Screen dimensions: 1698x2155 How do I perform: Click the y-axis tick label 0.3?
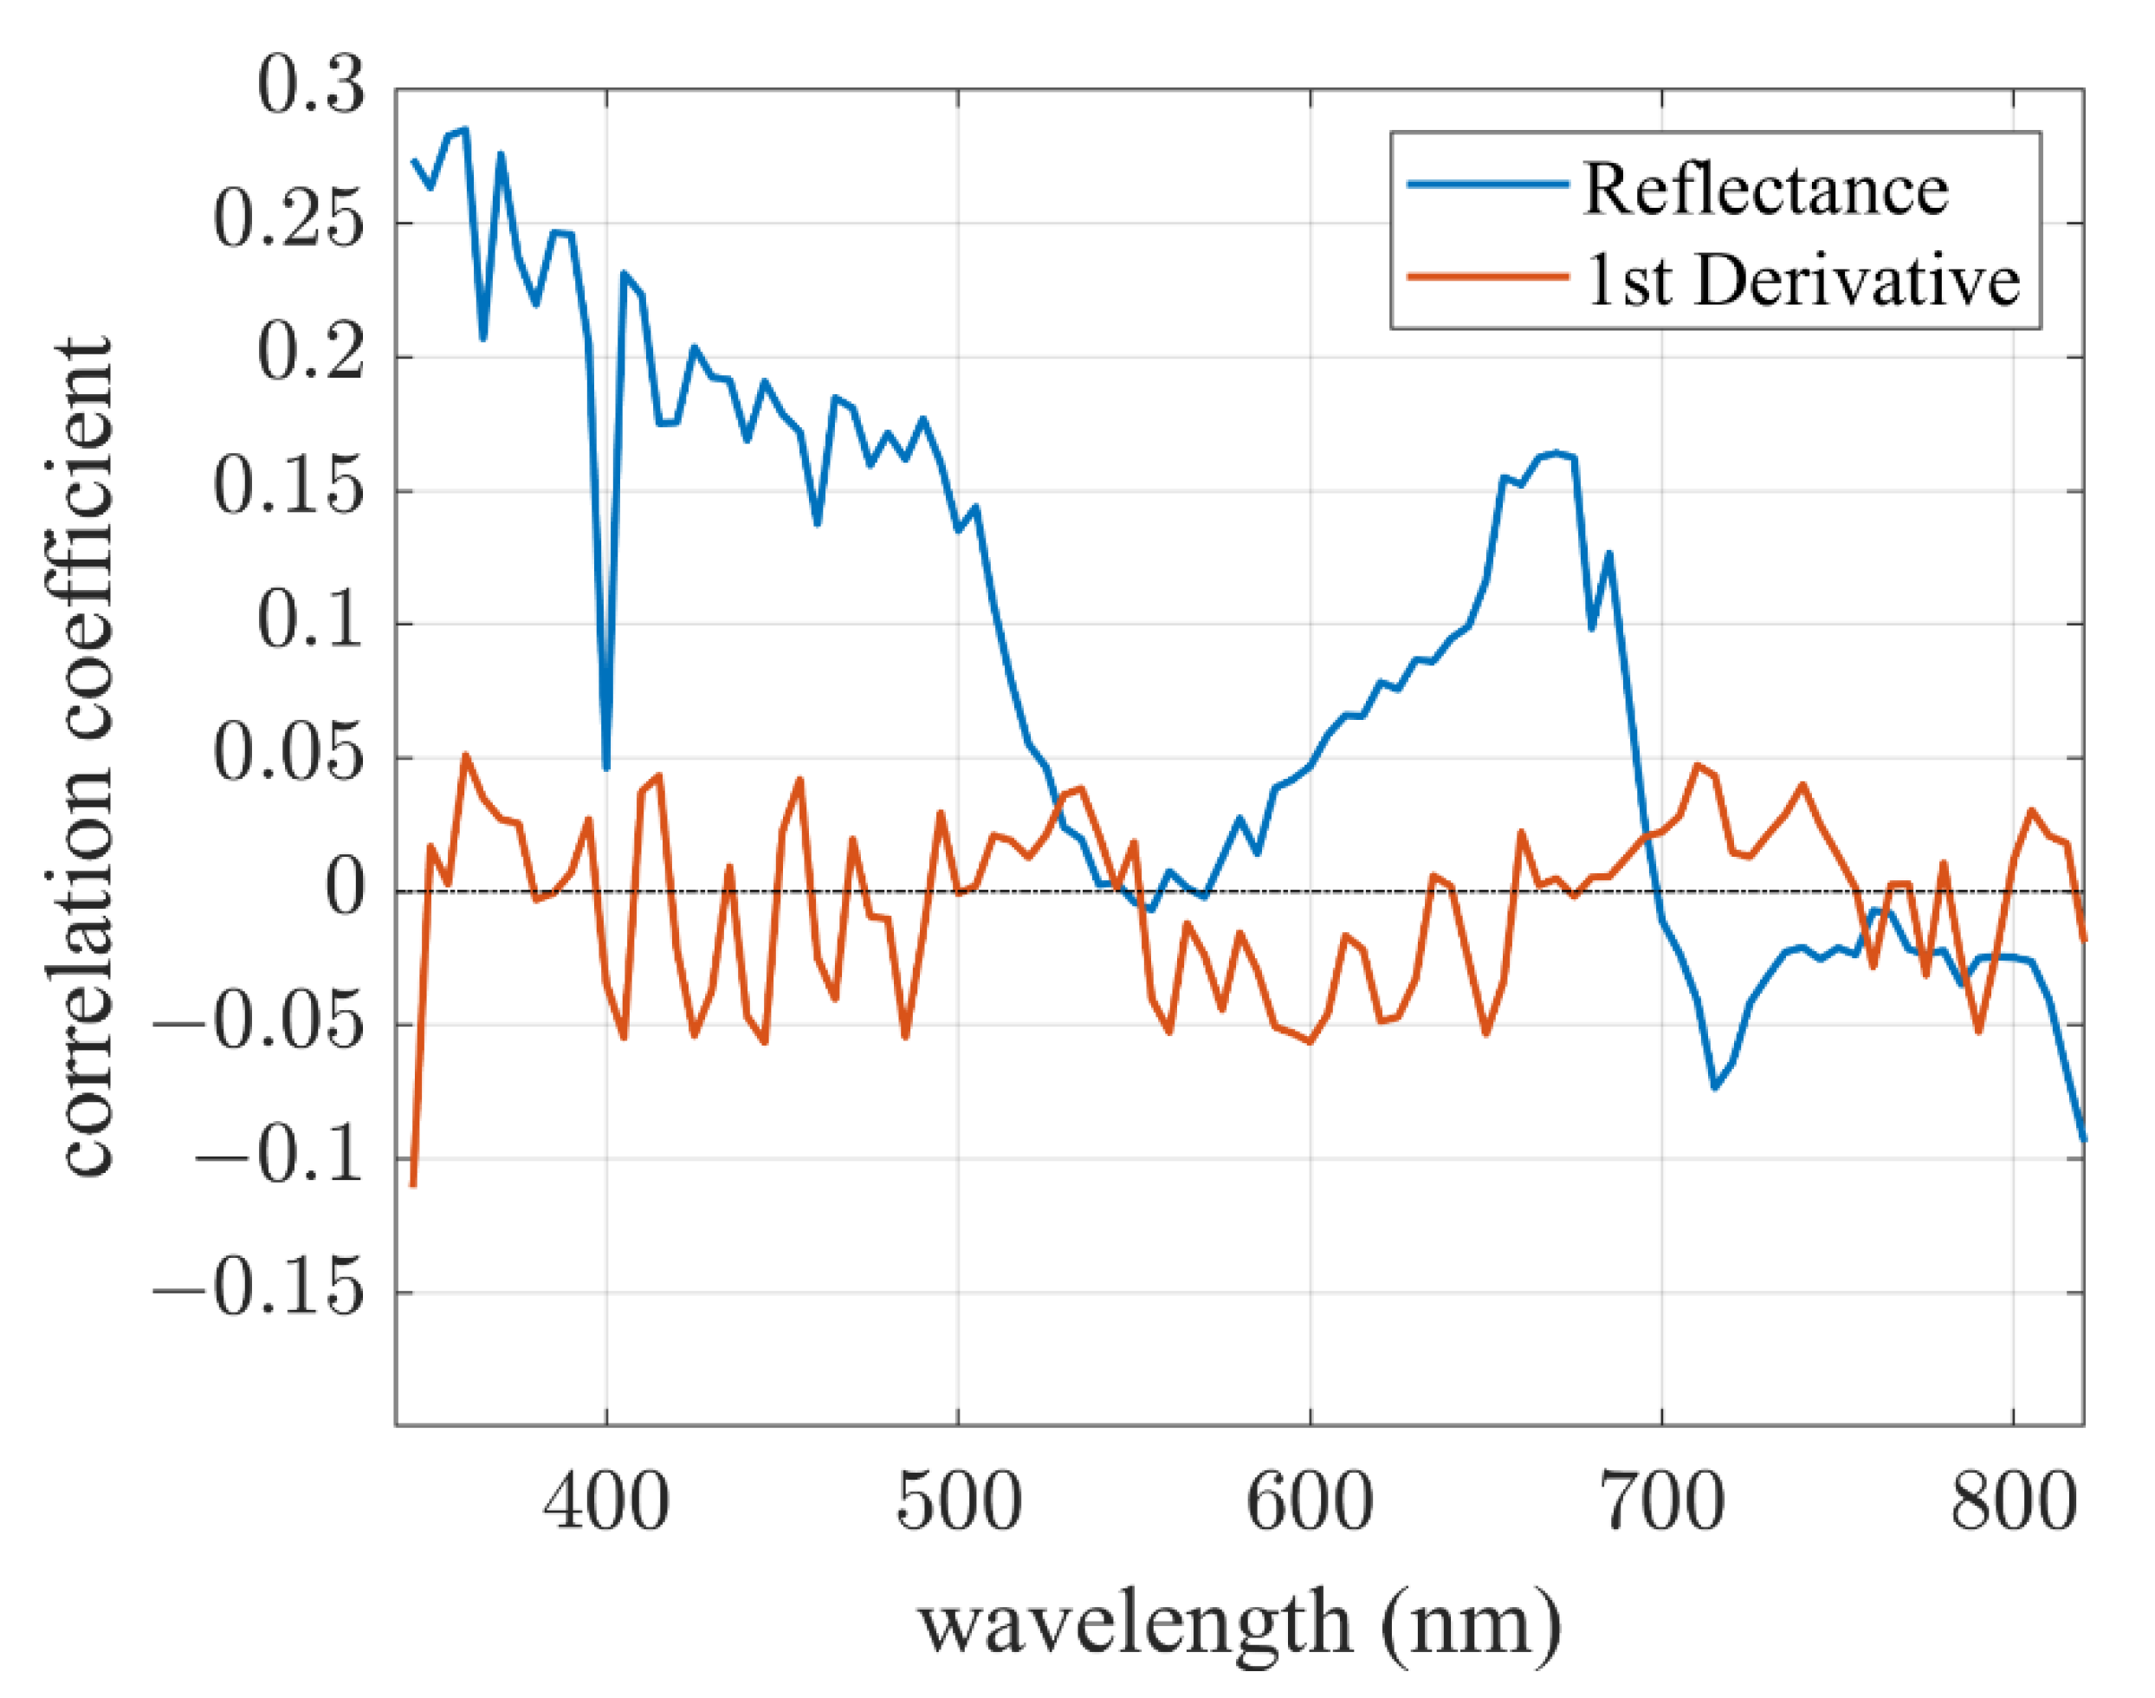(x=311, y=87)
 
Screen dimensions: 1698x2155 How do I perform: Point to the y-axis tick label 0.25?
(x=288, y=222)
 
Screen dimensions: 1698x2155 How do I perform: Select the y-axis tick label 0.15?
(x=288, y=489)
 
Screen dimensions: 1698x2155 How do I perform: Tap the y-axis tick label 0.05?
(x=288, y=756)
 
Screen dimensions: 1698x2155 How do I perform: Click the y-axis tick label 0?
(x=345, y=890)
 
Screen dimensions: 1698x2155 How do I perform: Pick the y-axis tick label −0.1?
(x=278, y=1157)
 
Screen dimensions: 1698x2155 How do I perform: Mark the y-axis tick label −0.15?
(x=258, y=1292)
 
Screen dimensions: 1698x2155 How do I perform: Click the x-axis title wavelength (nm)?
(x=1239, y=1624)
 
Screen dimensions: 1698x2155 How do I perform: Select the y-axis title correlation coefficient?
(x=87, y=755)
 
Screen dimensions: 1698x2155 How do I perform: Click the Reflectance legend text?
(x=1765, y=189)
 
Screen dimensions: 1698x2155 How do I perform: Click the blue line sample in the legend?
(x=1488, y=184)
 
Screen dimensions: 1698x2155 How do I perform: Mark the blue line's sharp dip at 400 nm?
(x=606, y=767)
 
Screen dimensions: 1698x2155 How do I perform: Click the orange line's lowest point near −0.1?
(x=413, y=1183)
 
